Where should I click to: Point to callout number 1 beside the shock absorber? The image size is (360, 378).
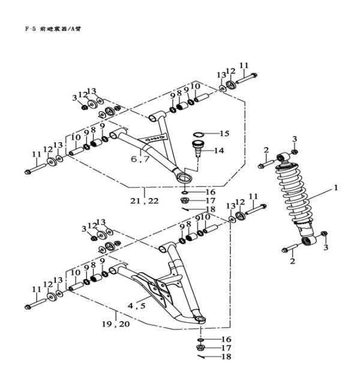point(336,187)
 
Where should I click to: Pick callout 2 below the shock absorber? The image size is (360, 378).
point(293,262)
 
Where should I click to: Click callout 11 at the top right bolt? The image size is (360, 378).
point(243,65)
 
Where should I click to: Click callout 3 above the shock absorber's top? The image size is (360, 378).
point(295,139)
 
